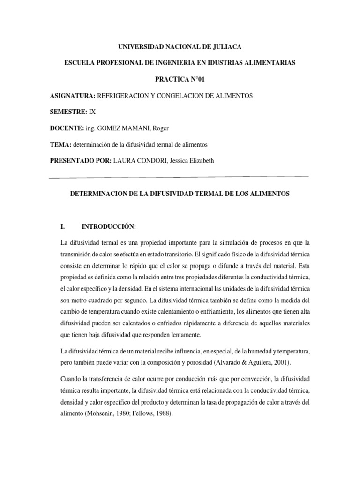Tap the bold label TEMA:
pos(60,145)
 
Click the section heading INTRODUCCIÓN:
pos(109,227)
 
